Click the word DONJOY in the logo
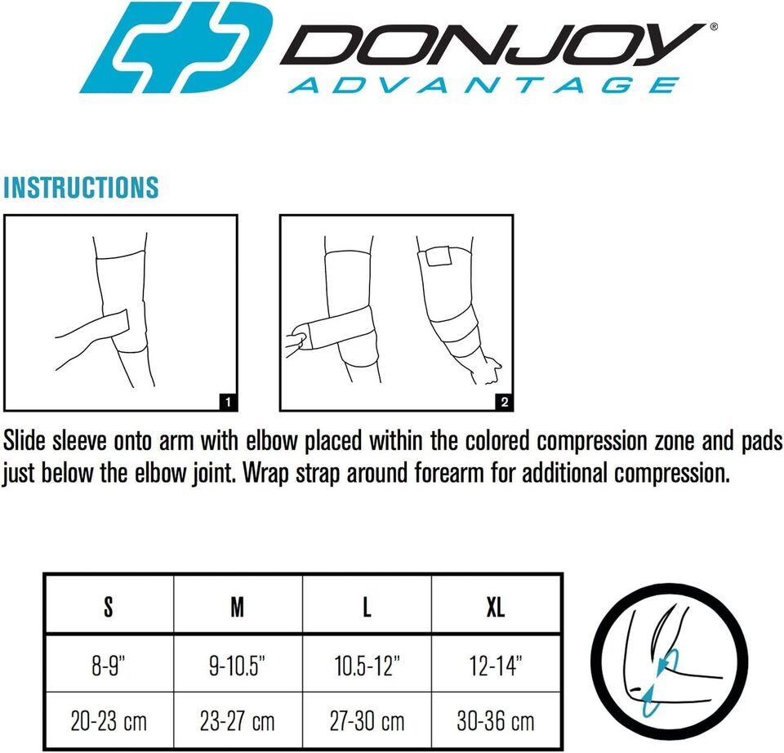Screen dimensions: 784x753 pos(492,44)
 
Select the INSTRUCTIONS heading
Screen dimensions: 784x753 pos(81,188)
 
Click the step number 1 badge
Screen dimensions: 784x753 pos(228,402)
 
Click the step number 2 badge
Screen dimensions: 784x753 pos(504,402)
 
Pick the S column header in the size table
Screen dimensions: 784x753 pos(109,607)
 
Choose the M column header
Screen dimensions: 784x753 pos(238,607)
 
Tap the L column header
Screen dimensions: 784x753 pos(367,607)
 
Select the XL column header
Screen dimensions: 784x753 pos(496,607)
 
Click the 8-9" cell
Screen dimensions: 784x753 pos(109,666)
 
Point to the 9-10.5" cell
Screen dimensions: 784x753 pos(238,666)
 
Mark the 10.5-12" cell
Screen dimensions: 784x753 pos(367,666)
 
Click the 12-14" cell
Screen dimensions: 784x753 pos(496,666)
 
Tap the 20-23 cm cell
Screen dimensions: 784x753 pos(109,721)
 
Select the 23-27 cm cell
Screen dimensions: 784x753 pos(238,721)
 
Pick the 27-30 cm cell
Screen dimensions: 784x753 pos(367,721)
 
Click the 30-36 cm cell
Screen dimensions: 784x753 pos(496,721)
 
